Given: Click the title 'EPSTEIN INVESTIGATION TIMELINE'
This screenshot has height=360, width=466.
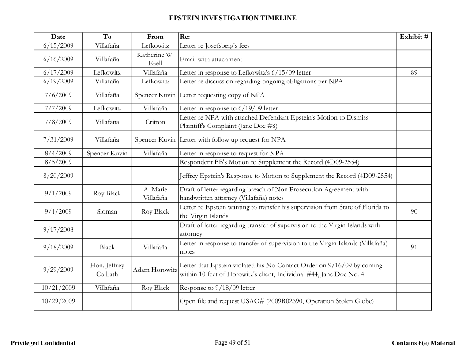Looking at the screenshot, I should [233, 18].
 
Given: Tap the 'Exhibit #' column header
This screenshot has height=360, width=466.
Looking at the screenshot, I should [413, 37].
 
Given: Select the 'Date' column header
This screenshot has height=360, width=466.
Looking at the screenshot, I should [58, 37].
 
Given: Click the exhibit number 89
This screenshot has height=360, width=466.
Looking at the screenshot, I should [413, 72].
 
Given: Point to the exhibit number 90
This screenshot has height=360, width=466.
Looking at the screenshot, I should [413, 212].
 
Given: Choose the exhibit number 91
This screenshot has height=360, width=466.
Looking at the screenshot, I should [413, 247].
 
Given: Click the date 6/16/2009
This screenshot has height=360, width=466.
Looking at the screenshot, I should [58, 59].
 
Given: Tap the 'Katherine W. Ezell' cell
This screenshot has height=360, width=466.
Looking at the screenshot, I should [155, 59].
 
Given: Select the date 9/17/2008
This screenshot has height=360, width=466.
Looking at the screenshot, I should [58, 229].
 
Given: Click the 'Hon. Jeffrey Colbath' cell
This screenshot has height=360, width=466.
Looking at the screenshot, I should [107, 270].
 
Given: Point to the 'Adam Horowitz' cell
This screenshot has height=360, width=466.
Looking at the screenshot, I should [155, 270].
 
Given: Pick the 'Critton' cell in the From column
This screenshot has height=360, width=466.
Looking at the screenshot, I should [155, 122].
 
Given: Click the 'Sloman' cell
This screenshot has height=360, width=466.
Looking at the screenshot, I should [107, 212].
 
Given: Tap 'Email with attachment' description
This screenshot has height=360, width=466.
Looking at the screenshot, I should [211, 59].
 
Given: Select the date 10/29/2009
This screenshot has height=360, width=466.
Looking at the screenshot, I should [58, 301].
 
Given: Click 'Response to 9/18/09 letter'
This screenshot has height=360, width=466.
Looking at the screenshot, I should [217, 288].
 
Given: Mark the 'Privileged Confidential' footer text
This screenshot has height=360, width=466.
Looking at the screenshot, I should [43, 343].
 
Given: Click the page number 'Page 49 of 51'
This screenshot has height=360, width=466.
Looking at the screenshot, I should [233, 343].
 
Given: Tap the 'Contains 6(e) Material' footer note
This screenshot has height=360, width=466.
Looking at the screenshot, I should [423, 343].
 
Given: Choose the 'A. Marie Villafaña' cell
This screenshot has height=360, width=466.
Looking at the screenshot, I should [155, 194].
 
